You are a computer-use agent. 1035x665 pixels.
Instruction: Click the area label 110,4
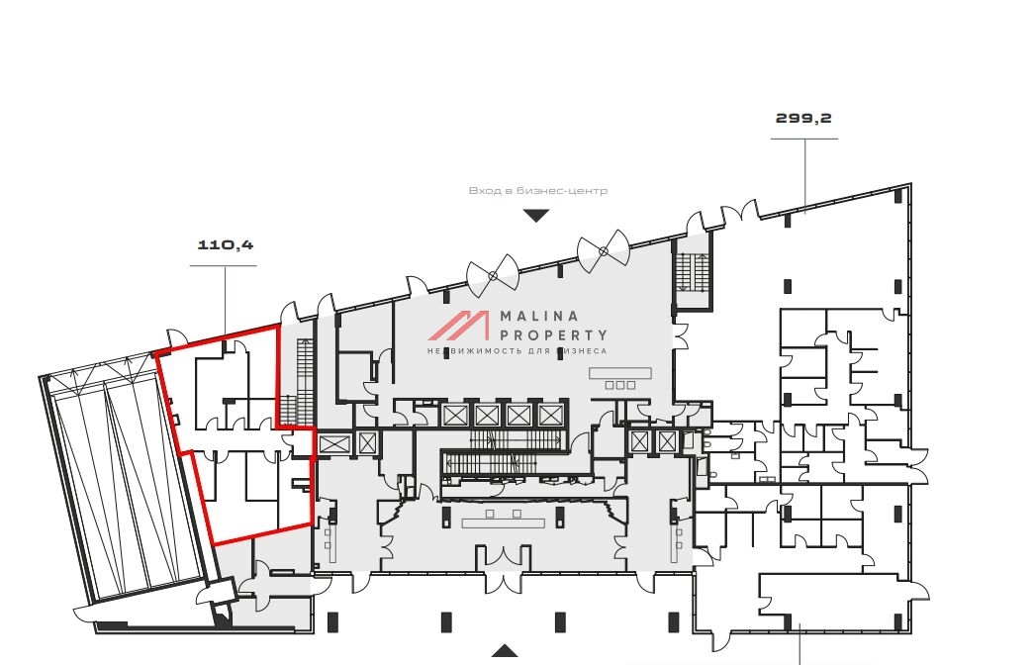[x=226, y=245]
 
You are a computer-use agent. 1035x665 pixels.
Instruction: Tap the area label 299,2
[x=803, y=118]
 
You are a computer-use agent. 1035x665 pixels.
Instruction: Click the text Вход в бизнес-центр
[x=538, y=191]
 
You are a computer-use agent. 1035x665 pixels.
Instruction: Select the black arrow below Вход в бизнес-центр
[x=536, y=216]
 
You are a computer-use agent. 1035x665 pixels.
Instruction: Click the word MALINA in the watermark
[x=539, y=317]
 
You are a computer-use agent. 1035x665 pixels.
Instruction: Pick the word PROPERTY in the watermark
[x=553, y=335]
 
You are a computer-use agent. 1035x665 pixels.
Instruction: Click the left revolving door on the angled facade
[x=493, y=275]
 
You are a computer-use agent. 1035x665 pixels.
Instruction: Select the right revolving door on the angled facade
[x=604, y=251]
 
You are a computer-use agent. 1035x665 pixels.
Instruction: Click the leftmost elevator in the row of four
[x=455, y=416]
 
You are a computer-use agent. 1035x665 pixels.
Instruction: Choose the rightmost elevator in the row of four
[x=548, y=416]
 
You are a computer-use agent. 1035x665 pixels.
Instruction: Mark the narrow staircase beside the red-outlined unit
[x=305, y=380]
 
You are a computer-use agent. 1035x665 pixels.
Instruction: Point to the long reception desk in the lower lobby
[x=503, y=523]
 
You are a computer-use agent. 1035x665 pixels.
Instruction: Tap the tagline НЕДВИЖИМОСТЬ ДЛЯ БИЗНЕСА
[x=517, y=351]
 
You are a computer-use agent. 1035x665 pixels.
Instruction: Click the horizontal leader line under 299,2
[x=804, y=139]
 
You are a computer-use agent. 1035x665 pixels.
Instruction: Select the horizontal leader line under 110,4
[x=223, y=266]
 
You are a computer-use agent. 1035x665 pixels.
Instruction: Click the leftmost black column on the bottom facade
[x=332, y=621]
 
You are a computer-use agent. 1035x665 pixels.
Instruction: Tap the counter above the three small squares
[x=620, y=374]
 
